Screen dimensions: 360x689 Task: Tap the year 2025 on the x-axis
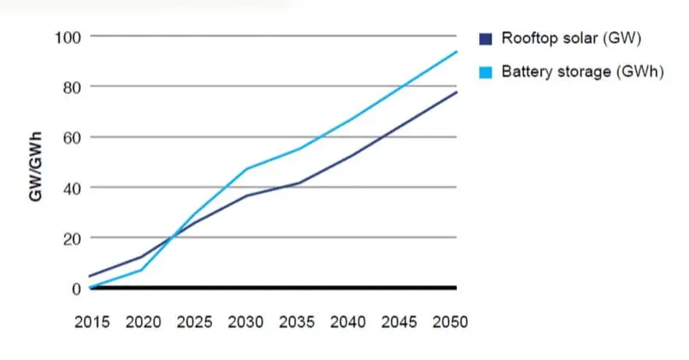194,322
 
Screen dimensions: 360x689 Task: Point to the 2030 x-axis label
246,322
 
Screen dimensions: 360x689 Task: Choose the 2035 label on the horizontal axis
298,322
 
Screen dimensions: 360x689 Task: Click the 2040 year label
350,322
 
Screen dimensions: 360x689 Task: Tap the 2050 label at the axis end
450,322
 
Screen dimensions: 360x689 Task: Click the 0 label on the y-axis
75,289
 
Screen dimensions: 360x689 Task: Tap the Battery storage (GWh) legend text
581,72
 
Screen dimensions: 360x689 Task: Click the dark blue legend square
486,37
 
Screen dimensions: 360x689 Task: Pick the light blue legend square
486,72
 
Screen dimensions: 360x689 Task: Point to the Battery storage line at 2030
247,168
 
